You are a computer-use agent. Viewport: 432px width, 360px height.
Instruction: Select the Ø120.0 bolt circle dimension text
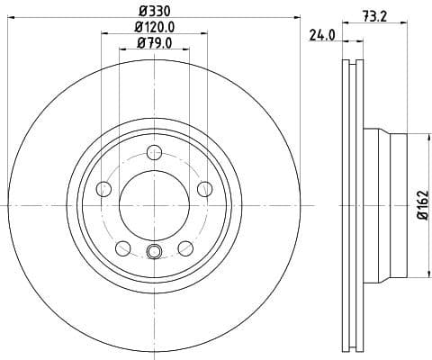pos(154,28)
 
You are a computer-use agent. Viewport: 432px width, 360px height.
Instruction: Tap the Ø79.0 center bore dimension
pos(154,43)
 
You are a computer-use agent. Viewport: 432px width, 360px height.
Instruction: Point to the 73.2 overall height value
pos(375,15)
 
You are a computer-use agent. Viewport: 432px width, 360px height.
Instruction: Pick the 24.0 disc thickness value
pos(321,36)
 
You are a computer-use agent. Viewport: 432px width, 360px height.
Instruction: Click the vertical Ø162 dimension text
pos(421,206)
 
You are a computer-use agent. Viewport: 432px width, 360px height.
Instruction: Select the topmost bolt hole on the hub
pos(154,153)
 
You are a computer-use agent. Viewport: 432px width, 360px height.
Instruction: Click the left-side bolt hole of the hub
pos(103,189)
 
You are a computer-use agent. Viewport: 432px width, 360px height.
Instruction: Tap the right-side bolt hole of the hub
pos(204,189)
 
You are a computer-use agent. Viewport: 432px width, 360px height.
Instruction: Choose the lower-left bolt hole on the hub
pos(122,248)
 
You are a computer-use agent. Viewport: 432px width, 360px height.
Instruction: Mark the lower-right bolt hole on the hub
pos(185,248)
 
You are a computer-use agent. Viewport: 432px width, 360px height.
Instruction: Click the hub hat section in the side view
pos(387,206)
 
